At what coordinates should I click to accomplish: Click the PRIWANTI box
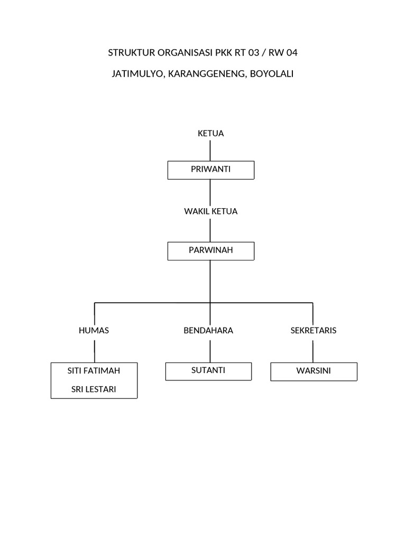pos(210,170)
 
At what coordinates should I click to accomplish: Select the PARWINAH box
pos(210,250)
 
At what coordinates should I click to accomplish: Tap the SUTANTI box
pos(208,370)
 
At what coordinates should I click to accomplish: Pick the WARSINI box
pos(313,371)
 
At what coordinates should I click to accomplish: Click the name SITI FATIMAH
pos(94,371)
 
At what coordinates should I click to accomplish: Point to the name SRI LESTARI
pos(94,390)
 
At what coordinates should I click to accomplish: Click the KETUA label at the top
pos(210,134)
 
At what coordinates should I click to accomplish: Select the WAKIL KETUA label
pos(210,211)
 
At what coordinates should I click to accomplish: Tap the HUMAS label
pos(94,331)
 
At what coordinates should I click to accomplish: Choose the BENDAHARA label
pos(208,331)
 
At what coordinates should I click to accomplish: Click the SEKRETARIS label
pos(313,331)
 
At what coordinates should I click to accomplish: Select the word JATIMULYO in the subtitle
pos(137,74)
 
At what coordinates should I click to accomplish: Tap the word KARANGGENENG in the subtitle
pos(205,74)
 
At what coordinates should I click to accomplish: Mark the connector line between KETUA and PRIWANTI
pos(210,151)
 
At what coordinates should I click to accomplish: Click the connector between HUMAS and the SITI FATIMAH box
pos(95,351)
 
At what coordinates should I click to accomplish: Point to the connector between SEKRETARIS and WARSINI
pos(313,351)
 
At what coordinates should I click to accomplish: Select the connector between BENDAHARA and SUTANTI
pos(210,351)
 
